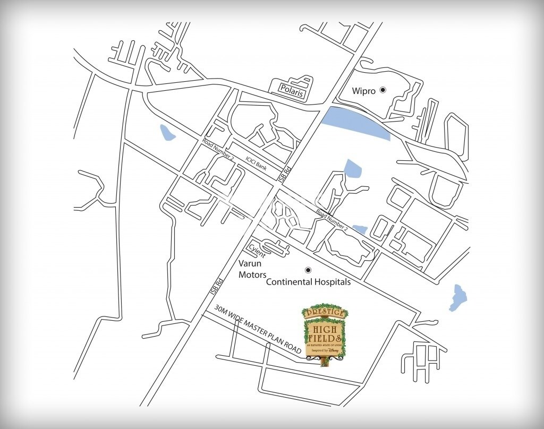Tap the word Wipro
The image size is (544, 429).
coord(364,91)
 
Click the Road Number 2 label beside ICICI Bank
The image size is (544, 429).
coord(218,150)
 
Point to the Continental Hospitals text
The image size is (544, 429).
coord(308,282)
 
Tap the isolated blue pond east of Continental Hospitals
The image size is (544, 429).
coord(456,297)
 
